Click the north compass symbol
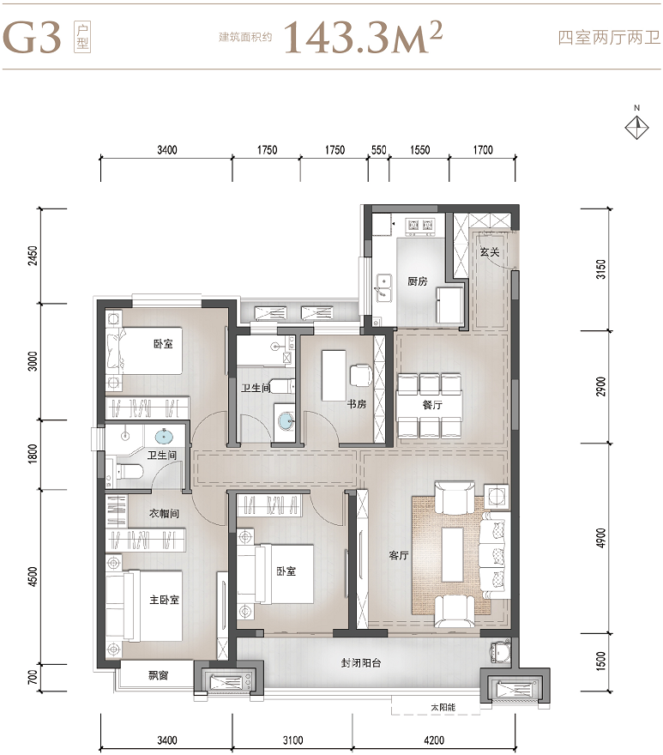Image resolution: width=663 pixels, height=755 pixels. [636, 128]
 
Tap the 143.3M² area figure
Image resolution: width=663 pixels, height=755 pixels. [363, 37]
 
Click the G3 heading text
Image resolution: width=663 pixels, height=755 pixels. [33, 37]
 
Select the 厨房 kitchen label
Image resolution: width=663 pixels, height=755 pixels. [418, 281]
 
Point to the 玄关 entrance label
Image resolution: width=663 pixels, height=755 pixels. [490, 252]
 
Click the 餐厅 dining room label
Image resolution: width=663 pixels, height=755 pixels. [432, 405]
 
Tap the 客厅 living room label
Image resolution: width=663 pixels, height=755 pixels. [399, 555]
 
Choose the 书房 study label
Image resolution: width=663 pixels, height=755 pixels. [357, 404]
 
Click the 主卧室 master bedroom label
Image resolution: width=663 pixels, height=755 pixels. [164, 600]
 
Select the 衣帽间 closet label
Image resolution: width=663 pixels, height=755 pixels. [164, 513]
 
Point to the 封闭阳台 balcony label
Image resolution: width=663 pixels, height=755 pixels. [361, 663]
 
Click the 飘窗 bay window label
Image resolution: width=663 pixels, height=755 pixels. [158, 675]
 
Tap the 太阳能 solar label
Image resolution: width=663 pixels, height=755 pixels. [443, 707]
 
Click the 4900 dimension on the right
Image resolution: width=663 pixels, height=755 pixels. [600, 538]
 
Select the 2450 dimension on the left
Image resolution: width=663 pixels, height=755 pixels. [33, 257]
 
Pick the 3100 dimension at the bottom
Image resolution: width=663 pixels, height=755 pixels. [292, 740]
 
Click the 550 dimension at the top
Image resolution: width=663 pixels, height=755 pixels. [379, 150]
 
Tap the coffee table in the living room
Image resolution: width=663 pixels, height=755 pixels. [453, 555]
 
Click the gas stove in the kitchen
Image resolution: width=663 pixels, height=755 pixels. [420, 226]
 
